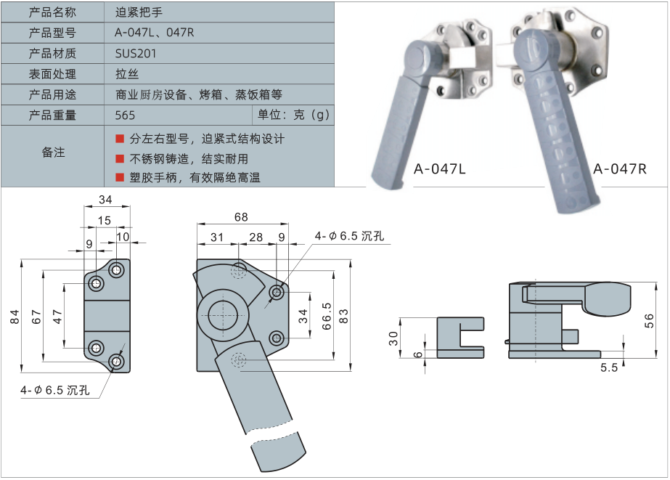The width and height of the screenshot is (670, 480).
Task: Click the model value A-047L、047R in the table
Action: pos(155,33)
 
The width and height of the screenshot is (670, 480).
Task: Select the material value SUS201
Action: pos(136,53)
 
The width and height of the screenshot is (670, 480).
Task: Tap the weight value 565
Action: pos(126,115)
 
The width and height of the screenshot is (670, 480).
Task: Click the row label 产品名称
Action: pos(52,12)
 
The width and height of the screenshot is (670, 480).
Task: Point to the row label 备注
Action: pos(52,152)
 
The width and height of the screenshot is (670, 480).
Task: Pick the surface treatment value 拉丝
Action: pos(126,73)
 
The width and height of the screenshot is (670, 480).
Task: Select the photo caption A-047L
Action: pos(439,169)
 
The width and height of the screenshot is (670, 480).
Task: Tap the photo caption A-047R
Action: pos(619,169)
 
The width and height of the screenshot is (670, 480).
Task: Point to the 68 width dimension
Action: pos(241,217)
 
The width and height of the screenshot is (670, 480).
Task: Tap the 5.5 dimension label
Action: pos(608,367)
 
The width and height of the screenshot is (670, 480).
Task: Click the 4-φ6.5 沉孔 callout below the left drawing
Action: pos(55,391)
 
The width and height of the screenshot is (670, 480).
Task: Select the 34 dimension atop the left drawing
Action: pos(105,200)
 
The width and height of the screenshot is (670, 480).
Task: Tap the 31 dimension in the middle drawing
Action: pos(217,237)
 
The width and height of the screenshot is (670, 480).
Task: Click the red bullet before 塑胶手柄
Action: pos(120,177)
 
